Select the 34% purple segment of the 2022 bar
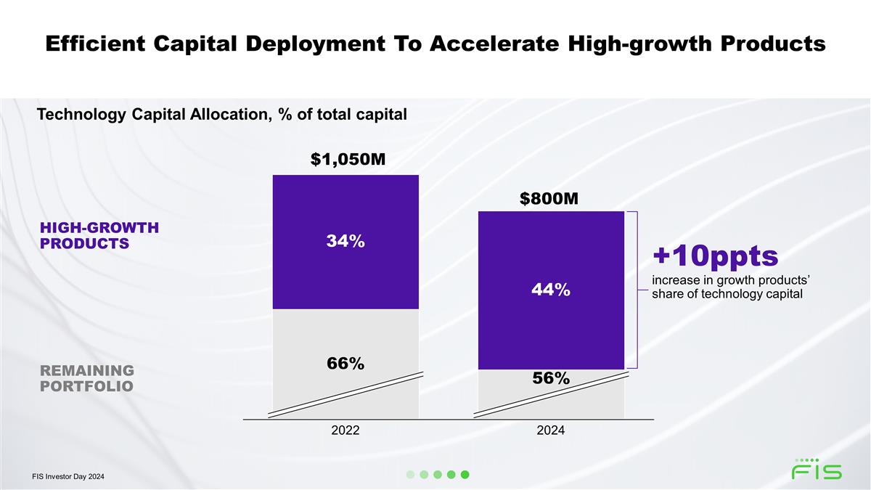pyautogui.click(x=345, y=242)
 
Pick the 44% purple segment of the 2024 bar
pyautogui.click(x=551, y=290)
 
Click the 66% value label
pyautogui.click(x=345, y=363)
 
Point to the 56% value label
pyautogui.click(x=550, y=378)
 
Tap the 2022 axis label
pyautogui.click(x=345, y=430)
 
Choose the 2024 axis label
pyautogui.click(x=551, y=430)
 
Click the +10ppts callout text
pyautogui.click(x=715, y=256)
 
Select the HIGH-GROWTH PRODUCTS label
pyautogui.click(x=99, y=235)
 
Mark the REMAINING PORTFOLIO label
pyautogui.click(x=87, y=377)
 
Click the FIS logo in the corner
pyautogui.click(x=817, y=470)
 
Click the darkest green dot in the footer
pyautogui.click(x=465, y=475)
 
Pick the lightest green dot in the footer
pyautogui.click(x=410, y=475)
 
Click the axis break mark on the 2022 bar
pyautogui.click(x=345, y=394)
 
